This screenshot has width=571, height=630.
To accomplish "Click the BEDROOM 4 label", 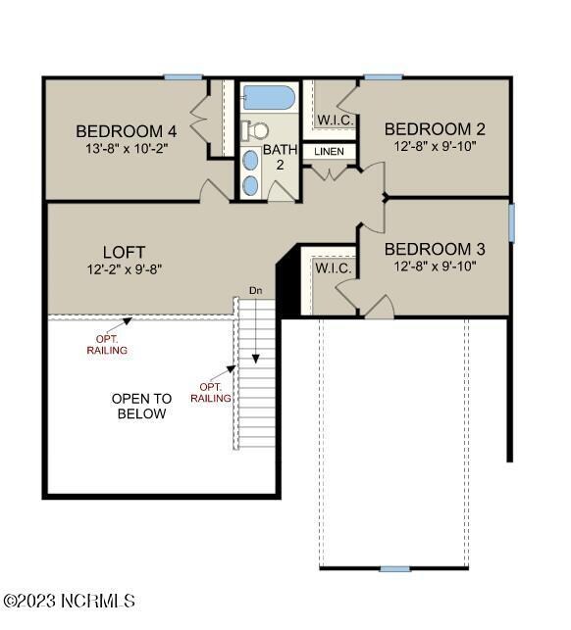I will coord(127,130).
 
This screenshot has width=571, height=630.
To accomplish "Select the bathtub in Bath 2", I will coord(268,98).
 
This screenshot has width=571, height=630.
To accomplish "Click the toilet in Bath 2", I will coord(257,129).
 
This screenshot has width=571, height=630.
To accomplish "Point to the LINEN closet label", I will coord(329,152).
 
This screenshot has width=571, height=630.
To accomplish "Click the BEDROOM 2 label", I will coord(435,128).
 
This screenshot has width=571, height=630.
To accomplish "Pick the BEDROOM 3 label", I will coord(435,248).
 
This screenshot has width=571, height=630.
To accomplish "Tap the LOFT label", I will coord(124,252).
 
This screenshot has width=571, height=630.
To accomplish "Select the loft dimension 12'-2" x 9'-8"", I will coord(124,268).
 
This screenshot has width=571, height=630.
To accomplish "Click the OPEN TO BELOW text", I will coord(141,406).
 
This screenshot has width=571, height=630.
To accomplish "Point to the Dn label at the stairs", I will coord(256,290).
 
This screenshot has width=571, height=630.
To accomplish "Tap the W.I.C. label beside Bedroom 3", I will coord(331,267).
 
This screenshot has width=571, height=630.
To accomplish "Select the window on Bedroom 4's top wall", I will coord(183,77).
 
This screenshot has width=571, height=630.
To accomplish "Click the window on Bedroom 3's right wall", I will coord(511,221).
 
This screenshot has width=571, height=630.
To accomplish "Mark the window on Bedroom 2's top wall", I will coord(383,77).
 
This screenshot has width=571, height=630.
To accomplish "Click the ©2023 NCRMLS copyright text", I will coord(69,601).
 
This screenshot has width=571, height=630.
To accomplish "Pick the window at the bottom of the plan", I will coord(394,568).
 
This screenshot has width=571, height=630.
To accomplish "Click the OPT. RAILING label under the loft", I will coord(107,344).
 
